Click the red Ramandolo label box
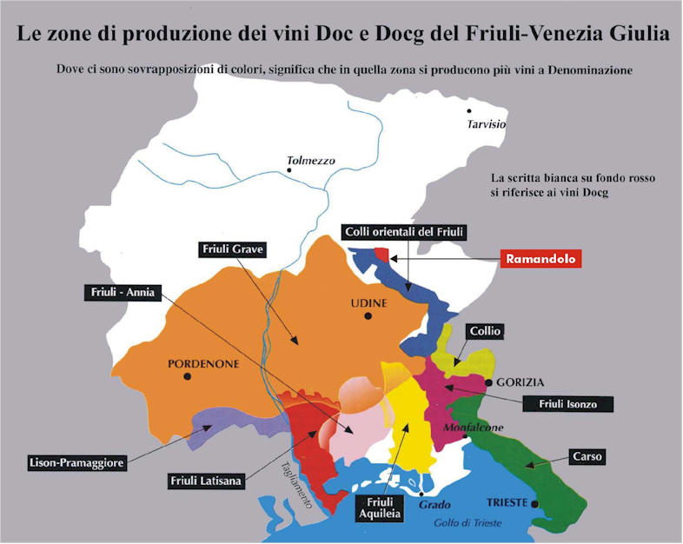[x=542, y=259]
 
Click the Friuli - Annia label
[x=121, y=292]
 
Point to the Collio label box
[x=485, y=331]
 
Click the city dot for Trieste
[x=535, y=503]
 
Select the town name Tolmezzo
[x=310, y=161]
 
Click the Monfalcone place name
[x=474, y=428]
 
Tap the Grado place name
[x=434, y=504]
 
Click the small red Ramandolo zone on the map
[x=381, y=254]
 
